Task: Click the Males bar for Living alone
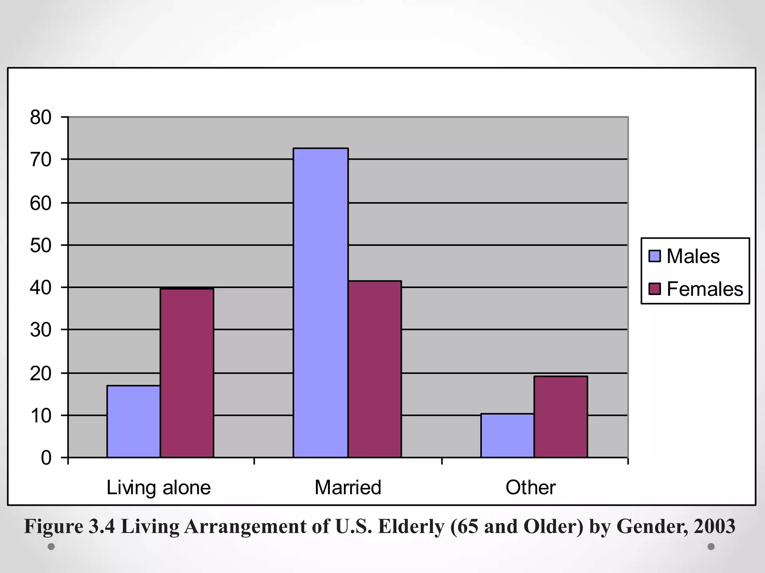click(133, 422)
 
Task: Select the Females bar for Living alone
click(187, 373)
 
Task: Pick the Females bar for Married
click(375, 369)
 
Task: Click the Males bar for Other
click(507, 435)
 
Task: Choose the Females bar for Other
click(560, 417)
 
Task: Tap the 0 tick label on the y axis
click(46, 458)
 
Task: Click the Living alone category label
click(159, 488)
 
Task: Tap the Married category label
click(348, 488)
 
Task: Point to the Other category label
click(530, 488)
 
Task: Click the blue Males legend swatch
click(654, 256)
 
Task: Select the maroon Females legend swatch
click(654, 289)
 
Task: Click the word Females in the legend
click(705, 289)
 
